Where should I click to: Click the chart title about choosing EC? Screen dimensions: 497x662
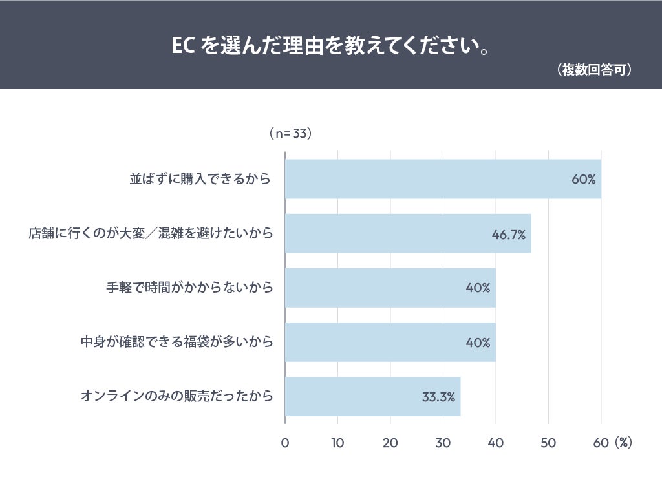(x=330, y=46)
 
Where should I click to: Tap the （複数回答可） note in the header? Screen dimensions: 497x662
(x=593, y=70)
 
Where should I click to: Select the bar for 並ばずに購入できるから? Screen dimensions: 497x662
(x=443, y=179)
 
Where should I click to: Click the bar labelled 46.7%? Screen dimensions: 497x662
(x=407, y=233)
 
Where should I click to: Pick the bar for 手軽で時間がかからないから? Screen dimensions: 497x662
(x=390, y=288)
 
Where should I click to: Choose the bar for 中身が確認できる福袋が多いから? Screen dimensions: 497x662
(x=390, y=342)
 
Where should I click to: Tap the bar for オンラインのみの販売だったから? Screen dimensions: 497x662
(x=372, y=396)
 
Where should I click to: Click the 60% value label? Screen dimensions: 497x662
(x=583, y=179)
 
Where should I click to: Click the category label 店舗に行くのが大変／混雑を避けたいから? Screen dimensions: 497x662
(x=151, y=233)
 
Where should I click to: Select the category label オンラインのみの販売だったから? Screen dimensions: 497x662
(x=176, y=396)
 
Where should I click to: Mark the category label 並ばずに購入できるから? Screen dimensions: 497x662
(x=200, y=179)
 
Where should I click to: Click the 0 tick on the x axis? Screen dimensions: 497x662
(x=285, y=443)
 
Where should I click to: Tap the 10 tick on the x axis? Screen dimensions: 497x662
(x=337, y=443)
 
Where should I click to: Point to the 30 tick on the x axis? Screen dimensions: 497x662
(x=443, y=443)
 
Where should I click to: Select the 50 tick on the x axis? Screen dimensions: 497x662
(x=548, y=443)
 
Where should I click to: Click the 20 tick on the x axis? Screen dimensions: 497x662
(x=390, y=443)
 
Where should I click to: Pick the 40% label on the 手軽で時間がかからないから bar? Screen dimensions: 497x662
(x=478, y=288)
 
